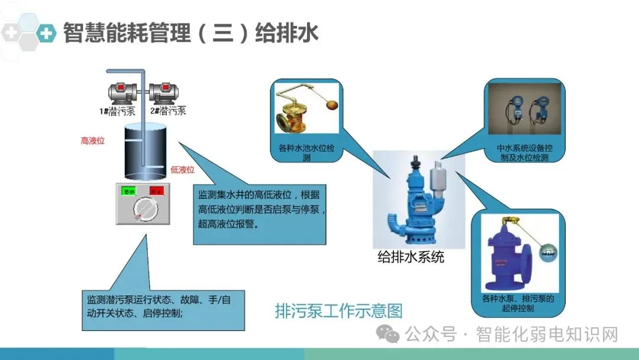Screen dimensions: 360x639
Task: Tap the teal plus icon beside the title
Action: [45, 33]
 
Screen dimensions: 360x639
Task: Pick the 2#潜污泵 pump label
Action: [167, 111]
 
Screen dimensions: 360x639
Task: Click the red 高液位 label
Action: [93, 141]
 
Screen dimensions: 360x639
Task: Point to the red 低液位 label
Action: [182, 170]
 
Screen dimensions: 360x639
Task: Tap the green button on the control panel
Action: [128, 191]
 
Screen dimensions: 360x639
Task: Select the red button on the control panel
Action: [156, 191]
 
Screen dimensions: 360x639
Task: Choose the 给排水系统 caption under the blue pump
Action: [411, 258]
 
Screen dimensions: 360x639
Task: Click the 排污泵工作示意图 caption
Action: [338, 311]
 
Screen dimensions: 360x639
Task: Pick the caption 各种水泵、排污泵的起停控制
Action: [518, 303]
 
